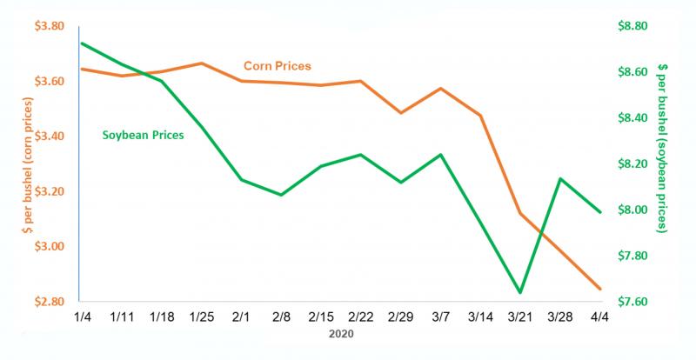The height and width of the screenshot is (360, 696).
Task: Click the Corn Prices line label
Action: (x=277, y=65)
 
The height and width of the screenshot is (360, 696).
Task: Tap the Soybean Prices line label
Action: (x=142, y=136)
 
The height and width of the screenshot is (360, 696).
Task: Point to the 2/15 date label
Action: (x=321, y=317)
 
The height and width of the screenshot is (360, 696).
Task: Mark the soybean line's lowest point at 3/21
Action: (x=520, y=292)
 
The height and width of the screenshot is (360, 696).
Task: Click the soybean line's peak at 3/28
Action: (x=560, y=179)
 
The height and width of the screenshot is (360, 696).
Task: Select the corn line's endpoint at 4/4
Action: (x=600, y=289)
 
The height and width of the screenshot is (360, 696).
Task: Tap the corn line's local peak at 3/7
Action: (x=441, y=89)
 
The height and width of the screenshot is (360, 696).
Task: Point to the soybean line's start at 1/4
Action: (x=80, y=43)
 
